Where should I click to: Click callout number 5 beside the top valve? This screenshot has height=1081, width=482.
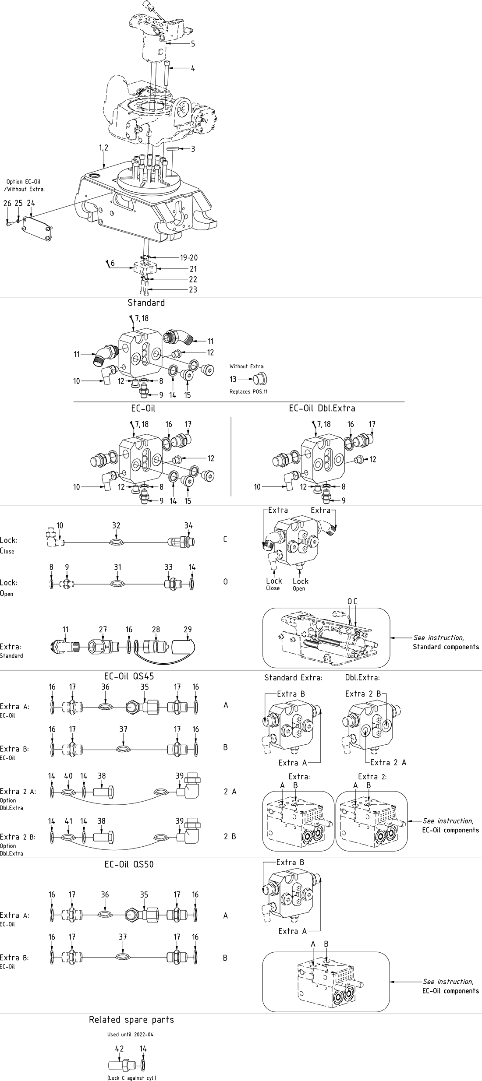point(193,44)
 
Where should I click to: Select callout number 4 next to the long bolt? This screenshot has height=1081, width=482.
point(193,68)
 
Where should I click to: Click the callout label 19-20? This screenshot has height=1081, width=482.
point(189,257)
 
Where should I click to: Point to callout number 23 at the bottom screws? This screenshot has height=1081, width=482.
point(193,289)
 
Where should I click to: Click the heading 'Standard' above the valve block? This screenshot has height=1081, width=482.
point(146,303)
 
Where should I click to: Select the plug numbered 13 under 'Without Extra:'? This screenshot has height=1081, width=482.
point(260,379)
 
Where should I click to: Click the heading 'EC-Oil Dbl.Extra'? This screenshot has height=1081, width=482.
point(322,408)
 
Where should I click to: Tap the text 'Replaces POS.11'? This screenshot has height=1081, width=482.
point(248,391)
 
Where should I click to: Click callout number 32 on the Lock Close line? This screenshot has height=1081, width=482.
point(116,525)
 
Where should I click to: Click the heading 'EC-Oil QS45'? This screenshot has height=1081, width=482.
point(129,676)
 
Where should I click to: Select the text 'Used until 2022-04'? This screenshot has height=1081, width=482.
point(131,1035)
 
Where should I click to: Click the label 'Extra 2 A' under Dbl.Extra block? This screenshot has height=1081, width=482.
point(388,762)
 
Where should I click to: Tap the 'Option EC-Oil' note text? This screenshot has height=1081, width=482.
point(23,181)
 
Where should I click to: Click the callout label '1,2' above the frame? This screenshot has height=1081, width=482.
point(103,148)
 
